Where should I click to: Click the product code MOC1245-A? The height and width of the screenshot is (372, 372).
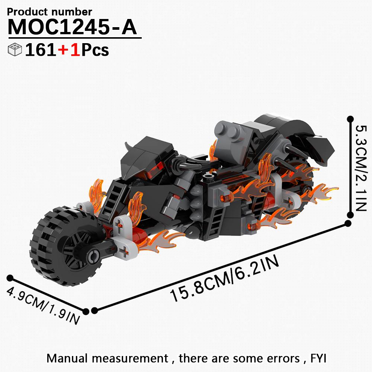click(x=73, y=27)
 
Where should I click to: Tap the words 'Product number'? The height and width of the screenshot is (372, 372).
click(x=49, y=12)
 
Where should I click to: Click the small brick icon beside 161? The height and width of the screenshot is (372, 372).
click(x=15, y=49)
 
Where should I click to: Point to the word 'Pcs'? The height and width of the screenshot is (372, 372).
click(x=95, y=50)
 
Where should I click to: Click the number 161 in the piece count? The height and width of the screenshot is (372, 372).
click(x=41, y=50)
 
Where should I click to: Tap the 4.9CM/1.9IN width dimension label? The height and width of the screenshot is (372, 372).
click(x=43, y=305)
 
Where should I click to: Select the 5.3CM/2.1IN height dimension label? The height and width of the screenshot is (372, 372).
click(x=361, y=168)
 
